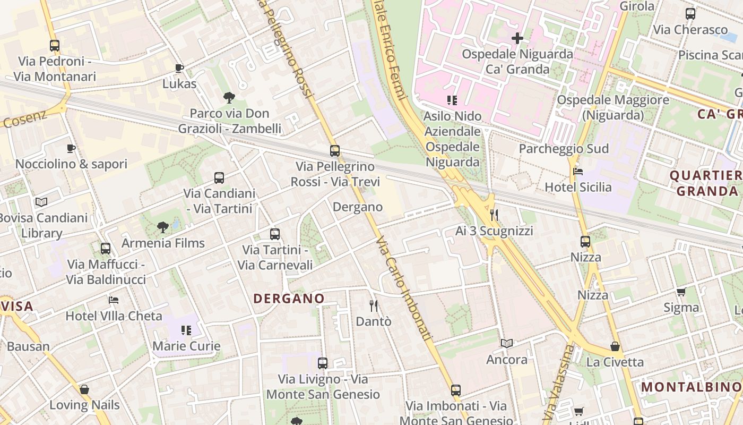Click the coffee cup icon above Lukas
179,68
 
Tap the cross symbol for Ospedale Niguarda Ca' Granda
517,38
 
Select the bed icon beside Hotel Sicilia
578,172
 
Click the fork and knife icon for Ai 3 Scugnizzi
494,215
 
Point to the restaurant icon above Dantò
374,305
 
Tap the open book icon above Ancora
507,344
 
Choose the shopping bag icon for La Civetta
615,346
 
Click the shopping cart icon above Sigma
681,292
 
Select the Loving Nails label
84,405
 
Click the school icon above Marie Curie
186,330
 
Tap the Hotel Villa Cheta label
114,316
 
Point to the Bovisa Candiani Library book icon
41,202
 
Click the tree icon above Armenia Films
163,227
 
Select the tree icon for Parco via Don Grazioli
229,98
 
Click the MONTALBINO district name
692,387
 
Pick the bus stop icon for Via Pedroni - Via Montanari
55,46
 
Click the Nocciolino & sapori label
71,164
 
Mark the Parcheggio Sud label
563,149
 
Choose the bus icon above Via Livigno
323,363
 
